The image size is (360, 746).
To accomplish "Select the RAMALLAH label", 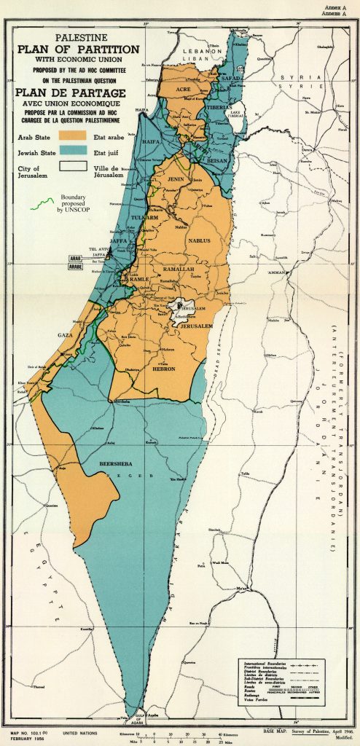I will pyautogui.click(x=179, y=270).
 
